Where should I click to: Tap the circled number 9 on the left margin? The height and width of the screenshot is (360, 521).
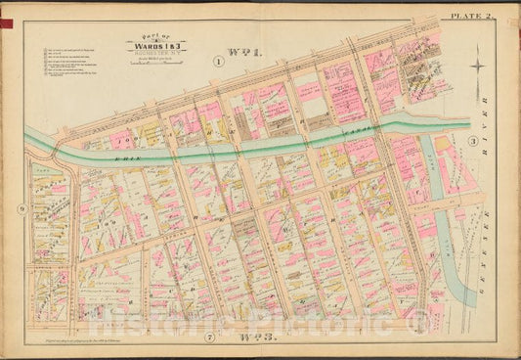[x=20, y=207]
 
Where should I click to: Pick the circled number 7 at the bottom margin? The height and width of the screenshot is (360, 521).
[x=209, y=337]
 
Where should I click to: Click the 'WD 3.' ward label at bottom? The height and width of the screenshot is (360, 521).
[x=253, y=337]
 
